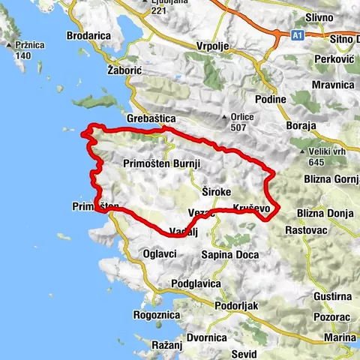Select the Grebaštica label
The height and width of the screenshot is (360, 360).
(151, 118)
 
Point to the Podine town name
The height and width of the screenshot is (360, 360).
(270, 100)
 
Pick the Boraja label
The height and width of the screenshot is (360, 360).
(301, 126)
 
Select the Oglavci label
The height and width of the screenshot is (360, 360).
(159, 254)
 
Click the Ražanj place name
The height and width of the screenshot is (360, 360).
(166, 344)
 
